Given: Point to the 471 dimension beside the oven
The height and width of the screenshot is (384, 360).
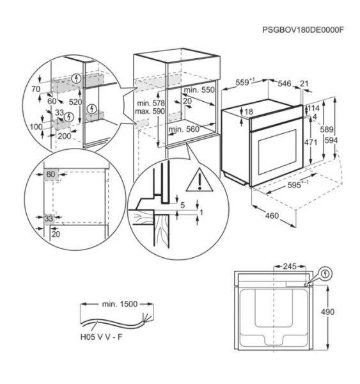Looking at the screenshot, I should [309, 143].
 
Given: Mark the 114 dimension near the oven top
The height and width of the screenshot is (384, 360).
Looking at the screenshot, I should [313, 108].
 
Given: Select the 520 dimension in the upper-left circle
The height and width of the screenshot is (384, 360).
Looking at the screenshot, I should [76, 102].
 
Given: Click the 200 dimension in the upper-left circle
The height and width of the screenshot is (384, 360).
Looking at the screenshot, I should [64, 136].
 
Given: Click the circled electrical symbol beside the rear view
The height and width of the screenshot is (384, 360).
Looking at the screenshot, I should [326, 273].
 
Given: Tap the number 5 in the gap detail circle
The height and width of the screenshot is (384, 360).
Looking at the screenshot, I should [182, 205].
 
